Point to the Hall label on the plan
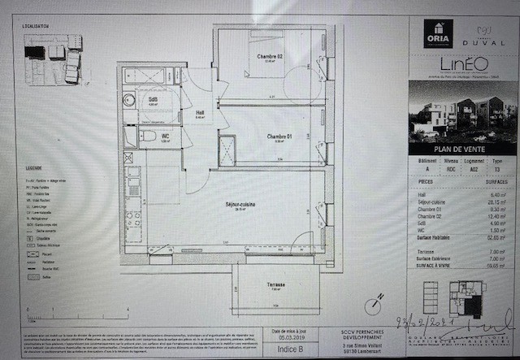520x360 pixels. tap(201, 114)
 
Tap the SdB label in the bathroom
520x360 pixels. tap(153, 99)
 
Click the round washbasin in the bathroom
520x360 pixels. tap(130, 101)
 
